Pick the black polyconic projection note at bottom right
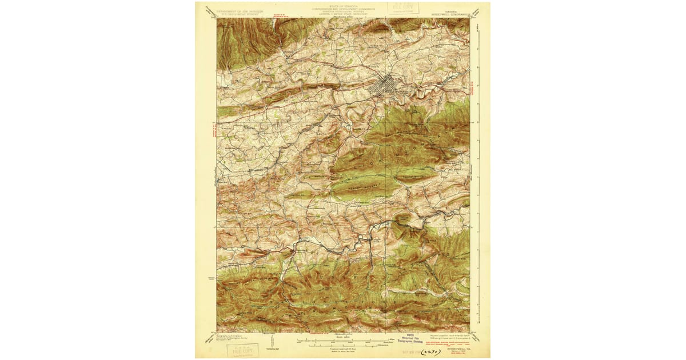click(452, 335)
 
